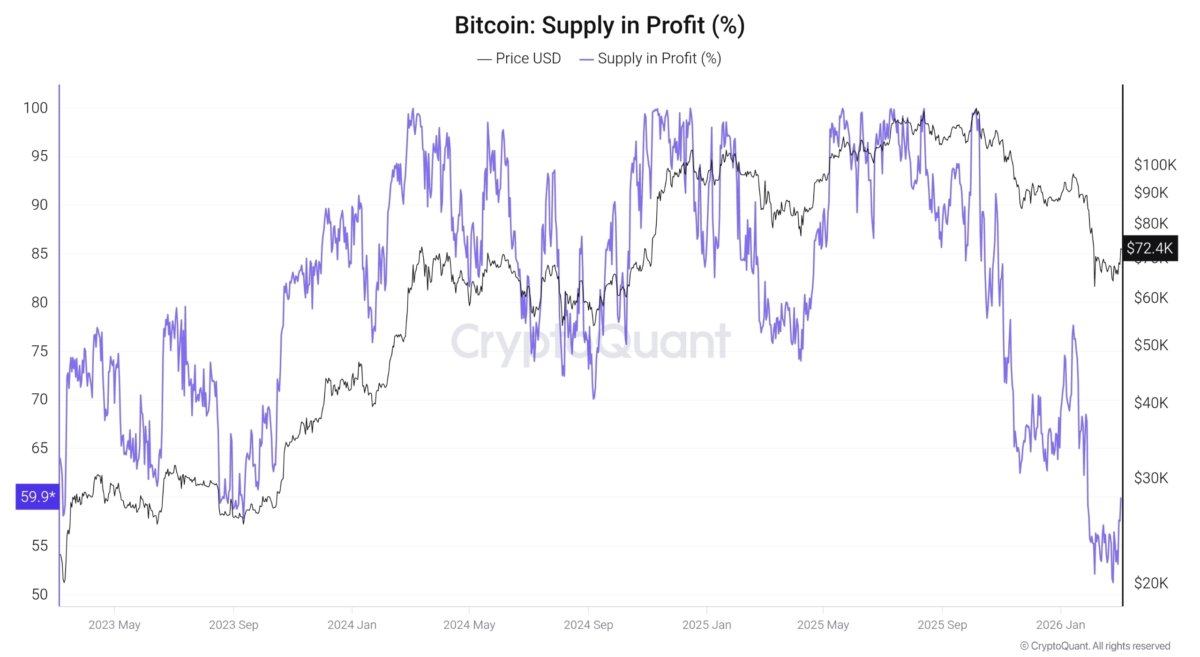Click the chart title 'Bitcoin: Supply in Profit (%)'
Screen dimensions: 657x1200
600,25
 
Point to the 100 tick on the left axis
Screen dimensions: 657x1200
36,108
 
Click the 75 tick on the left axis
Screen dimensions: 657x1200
39,351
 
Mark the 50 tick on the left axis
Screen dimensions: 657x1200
39,594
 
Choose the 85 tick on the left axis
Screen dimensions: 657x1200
39,253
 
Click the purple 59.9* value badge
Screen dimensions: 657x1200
37,496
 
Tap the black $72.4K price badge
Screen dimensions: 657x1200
1149,248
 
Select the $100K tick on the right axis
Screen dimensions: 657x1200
1155,165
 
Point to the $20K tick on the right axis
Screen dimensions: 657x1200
1151,583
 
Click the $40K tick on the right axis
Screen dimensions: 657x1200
1151,403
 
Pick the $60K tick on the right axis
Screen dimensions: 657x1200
1151,298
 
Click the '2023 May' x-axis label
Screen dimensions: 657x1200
114,625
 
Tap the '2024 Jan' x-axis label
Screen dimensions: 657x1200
352,625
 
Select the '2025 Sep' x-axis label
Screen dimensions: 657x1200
942,625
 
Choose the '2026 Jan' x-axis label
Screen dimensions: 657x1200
1060,625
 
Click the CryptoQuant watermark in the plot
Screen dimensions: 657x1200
591,342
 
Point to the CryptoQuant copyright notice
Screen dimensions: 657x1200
1095,646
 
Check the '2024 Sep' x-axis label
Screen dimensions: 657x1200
588,625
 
